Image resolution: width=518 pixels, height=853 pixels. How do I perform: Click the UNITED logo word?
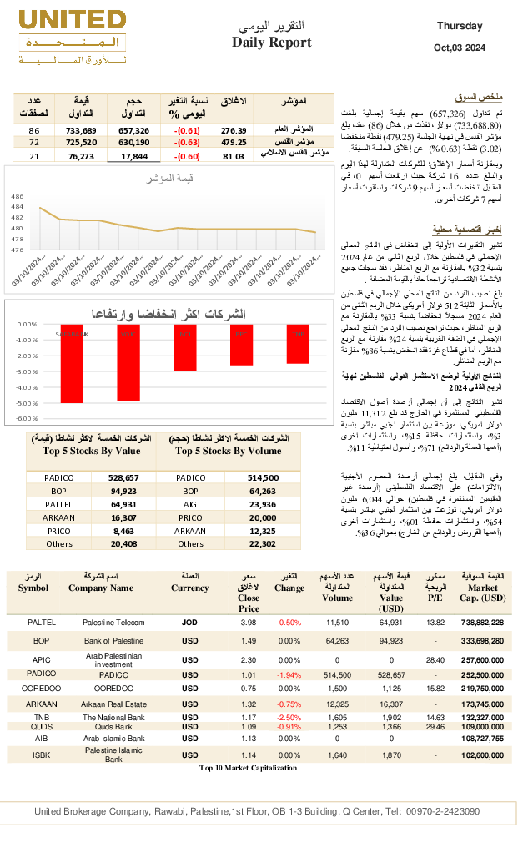(72, 21)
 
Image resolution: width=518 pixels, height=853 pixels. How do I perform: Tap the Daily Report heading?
(271, 43)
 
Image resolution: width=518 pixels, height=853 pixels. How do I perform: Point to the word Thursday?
(460, 26)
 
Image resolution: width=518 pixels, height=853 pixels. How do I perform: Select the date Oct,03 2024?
(460, 47)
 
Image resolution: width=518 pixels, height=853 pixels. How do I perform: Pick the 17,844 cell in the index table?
(133, 156)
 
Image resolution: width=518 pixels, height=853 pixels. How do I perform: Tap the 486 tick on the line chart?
(17, 196)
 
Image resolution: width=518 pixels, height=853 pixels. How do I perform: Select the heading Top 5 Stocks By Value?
(91, 451)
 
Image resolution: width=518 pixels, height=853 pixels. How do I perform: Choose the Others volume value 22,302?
(262, 543)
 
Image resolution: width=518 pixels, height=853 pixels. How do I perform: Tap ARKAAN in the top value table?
(58, 517)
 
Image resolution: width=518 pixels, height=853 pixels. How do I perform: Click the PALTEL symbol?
(42, 623)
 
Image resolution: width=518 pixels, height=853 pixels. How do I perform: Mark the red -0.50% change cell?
(289, 623)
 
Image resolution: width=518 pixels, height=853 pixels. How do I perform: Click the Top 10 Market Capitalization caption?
(248, 768)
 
